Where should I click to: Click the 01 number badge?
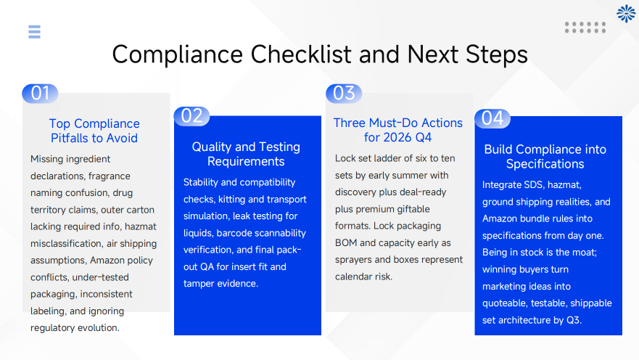(40, 93)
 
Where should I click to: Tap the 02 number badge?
(191, 116)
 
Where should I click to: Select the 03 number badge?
(344, 93)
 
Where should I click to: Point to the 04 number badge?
(492, 118)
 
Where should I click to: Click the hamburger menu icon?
(34, 31)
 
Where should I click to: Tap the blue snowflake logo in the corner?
(625, 13)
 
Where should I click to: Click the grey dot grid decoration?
(585, 28)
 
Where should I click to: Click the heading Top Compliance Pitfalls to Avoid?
(94, 131)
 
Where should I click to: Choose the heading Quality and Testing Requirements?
(246, 154)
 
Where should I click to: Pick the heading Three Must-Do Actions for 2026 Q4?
(397, 130)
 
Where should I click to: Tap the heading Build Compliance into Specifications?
(545, 157)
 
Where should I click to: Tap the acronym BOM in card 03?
(347, 242)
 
